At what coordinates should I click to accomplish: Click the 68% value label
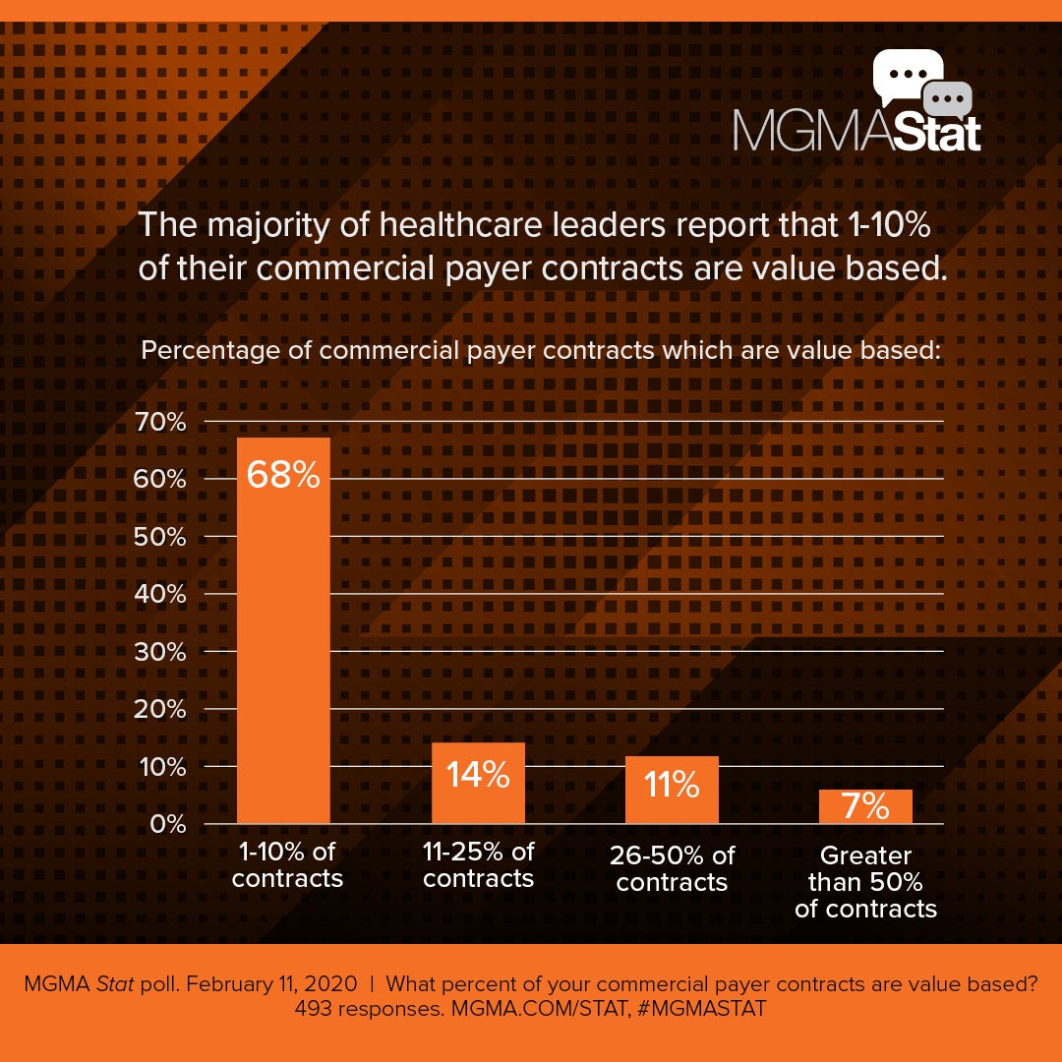point(283,475)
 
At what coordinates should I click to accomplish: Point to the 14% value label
point(478,775)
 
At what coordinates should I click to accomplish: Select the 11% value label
point(672,785)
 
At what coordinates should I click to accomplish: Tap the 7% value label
point(865,807)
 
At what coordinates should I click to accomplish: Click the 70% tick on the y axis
point(159,423)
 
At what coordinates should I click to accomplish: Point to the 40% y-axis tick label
point(159,595)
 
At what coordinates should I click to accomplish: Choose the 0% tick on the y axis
point(165,824)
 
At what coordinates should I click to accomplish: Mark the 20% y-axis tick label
point(159,709)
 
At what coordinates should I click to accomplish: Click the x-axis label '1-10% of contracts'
point(287,863)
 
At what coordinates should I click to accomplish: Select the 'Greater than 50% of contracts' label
point(865,882)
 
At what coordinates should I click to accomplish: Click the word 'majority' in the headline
point(259,225)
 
